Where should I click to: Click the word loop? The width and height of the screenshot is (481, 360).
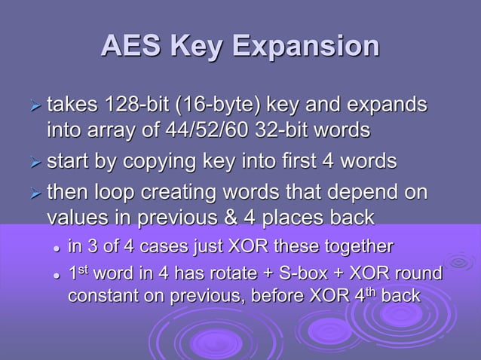click(115, 193)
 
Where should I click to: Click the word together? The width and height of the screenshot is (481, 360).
click(353, 246)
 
